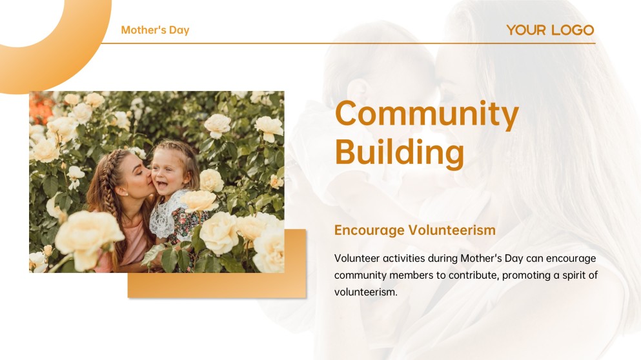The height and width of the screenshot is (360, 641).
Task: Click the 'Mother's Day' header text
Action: pyautogui.click(x=155, y=30)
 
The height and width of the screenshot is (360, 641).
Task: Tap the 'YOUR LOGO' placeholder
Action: pyautogui.click(x=550, y=30)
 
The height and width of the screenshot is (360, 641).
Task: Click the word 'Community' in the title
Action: pyautogui.click(x=427, y=114)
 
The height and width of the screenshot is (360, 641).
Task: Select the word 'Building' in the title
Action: pyautogui.click(x=400, y=152)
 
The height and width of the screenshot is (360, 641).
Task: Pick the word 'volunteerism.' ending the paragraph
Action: pyautogui.click(x=366, y=292)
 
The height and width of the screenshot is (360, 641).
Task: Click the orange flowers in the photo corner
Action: pyautogui.click(x=41, y=108)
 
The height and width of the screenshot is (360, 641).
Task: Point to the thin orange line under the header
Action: pyautogui.click(x=349, y=43)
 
